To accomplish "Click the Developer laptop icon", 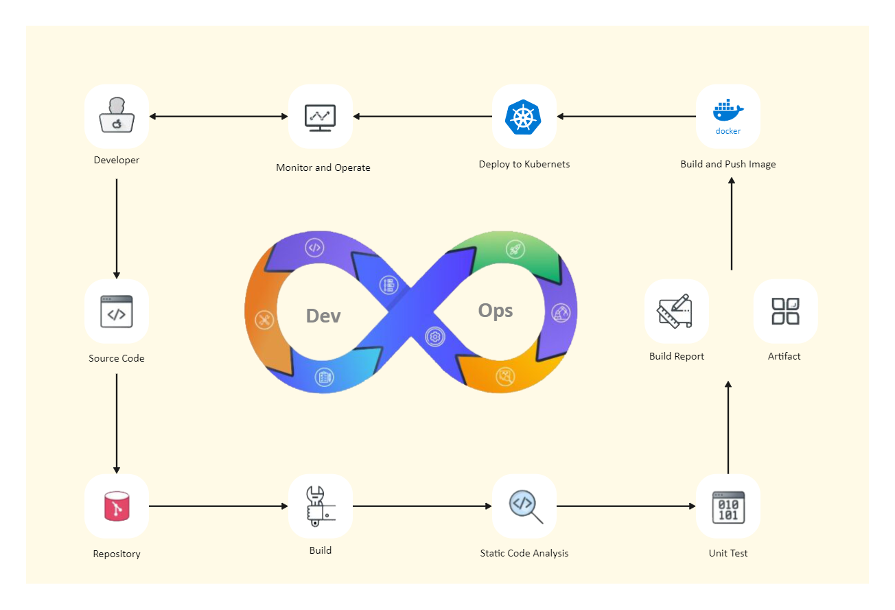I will tap(117, 116).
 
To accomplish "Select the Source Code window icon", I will tap(117, 312).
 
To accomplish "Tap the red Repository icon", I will tap(117, 506).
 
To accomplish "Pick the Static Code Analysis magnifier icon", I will tap(524, 506).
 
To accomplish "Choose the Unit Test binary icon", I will tap(728, 506).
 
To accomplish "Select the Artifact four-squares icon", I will tap(785, 312).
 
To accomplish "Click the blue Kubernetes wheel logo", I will tap(524, 117).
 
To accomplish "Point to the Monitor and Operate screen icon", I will tap(320, 117).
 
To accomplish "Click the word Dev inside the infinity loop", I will tap(323, 316).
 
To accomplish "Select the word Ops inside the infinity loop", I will tap(496, 311).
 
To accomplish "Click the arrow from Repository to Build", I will tap(218, 506).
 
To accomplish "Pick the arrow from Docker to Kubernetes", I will tap(626, 117).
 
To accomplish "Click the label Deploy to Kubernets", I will tap(524, 165).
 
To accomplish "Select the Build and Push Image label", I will tap(728, 165).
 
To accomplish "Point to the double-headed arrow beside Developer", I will tap(218, 117).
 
